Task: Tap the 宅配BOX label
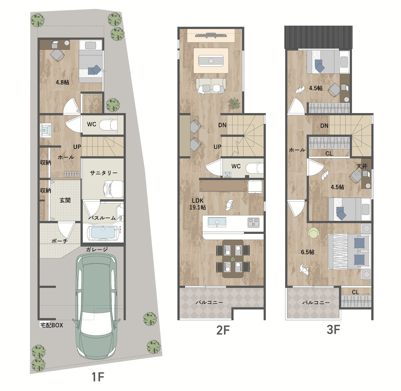tap(51, 325)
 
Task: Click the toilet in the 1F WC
tap(109, 125)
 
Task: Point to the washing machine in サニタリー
tap(114, 189)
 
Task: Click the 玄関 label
tap(65, 200)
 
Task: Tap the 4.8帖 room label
tap(62, 82)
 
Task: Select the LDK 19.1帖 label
tap(198, 204)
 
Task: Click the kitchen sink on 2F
tap(217, 222)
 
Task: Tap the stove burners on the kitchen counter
tap(253, 223)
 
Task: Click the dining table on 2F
tap(233, 259)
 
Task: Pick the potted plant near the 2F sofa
tap(234, 104)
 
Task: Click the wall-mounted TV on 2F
tap(211, 35)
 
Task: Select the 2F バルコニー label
tap(209, 302)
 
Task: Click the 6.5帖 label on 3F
tap(308, 252)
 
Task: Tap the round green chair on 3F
tap(314, 233)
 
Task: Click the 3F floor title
tap(333, 330)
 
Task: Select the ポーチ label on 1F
tap(60, 241)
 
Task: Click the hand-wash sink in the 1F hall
tap(45, 130)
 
